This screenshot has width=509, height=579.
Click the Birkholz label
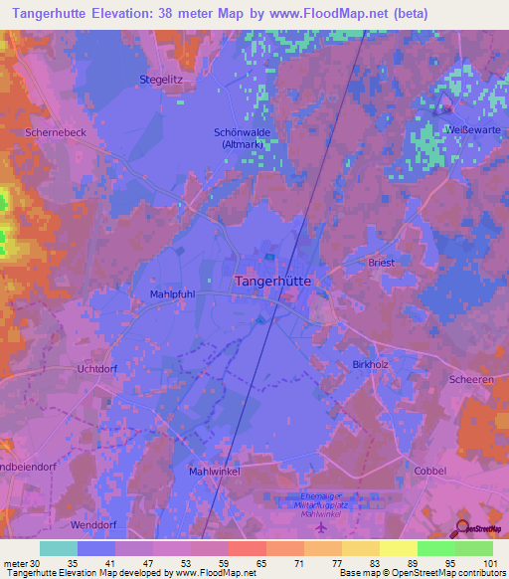point(370,364)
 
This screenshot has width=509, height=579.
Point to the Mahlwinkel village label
point(215,472)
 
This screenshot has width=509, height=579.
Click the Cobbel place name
point(429,470)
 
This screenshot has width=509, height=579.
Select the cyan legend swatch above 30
point(59,548)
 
